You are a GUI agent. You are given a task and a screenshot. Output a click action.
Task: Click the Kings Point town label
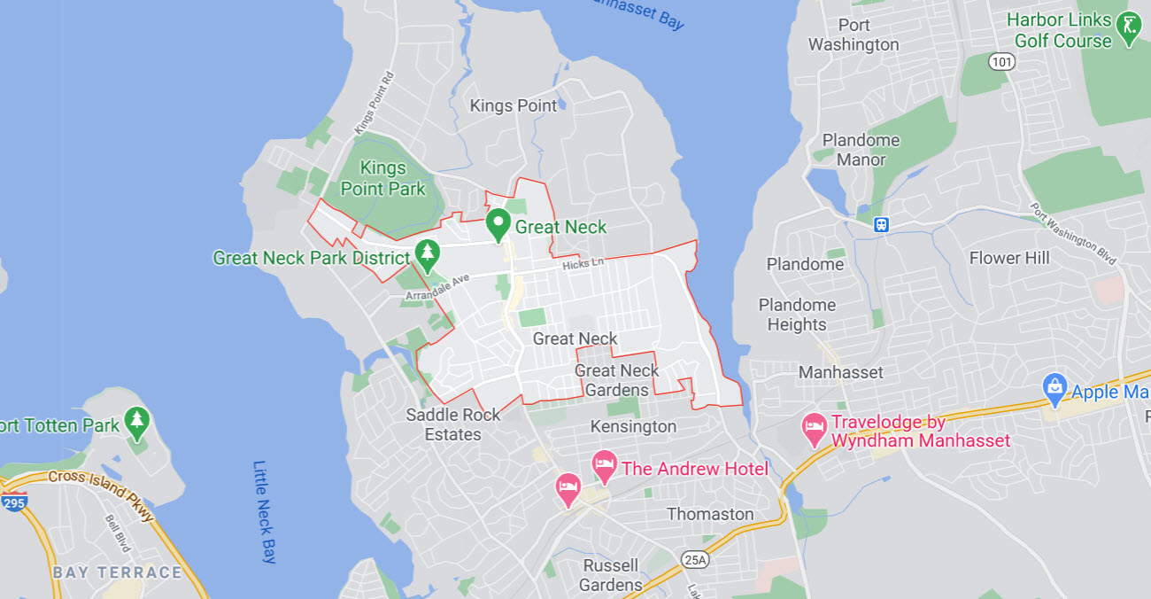514,105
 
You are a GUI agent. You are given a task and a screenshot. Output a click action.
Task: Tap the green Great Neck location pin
498,224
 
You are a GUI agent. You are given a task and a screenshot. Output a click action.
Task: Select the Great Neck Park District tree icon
429,255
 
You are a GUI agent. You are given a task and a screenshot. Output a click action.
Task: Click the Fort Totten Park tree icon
136,423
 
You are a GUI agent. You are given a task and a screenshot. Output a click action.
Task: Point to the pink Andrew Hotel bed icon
604,464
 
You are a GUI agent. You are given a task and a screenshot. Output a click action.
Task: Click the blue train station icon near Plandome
881,224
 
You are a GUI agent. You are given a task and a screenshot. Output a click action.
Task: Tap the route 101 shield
1002,61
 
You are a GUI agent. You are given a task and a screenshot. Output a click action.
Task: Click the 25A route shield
695,559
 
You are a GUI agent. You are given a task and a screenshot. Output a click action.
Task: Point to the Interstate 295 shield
13,502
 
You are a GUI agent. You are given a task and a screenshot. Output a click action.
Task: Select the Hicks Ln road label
583,264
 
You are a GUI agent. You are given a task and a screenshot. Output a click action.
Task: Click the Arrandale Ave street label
437,287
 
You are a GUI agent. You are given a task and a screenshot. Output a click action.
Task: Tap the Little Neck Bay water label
266,511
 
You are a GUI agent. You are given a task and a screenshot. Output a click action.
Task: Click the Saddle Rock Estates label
452,424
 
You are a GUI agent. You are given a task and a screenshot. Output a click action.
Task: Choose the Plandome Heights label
797,315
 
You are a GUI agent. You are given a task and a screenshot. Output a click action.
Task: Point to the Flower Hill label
1009,258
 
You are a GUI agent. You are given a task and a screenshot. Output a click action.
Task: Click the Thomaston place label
710,514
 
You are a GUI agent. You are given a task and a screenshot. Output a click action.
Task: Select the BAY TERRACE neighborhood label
117,572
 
